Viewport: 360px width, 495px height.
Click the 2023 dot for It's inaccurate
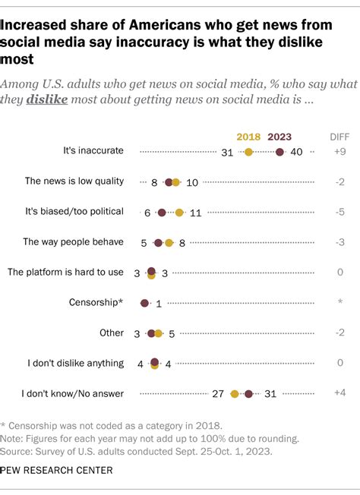pos(279,153)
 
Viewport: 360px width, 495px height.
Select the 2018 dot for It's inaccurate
pos(248,153)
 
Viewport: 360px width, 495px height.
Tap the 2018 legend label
pos(248,137)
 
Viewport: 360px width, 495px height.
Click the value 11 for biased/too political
pos(194,213)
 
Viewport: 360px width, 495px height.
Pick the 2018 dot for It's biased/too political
pos(179,213)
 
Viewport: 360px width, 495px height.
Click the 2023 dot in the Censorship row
pos(144,302)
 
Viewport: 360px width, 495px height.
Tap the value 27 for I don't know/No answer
pos(216,393)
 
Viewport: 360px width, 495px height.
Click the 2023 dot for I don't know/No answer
pos(248,393)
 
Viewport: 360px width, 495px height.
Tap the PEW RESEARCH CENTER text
pos(57,471)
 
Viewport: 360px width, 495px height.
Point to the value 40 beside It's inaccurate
pos(297,153)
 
